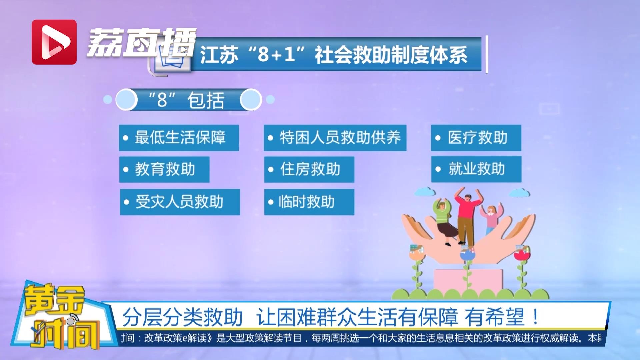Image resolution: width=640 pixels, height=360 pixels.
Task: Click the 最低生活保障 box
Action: (179, 138)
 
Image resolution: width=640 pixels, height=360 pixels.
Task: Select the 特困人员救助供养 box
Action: (335, 138)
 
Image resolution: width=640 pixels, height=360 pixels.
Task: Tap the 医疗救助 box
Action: (476, 138)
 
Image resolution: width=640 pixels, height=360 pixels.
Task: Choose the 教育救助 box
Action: (164, 169)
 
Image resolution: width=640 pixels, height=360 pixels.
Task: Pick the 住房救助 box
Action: (309, 169)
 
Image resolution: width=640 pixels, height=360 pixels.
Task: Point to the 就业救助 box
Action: (476, 169)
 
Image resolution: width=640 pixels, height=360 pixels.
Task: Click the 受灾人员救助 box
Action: (180, 202)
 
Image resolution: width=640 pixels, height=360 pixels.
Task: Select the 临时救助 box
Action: (309, 202)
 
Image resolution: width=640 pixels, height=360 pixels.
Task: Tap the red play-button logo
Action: (54, 42)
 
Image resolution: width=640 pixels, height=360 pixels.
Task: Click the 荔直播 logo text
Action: (142, 42)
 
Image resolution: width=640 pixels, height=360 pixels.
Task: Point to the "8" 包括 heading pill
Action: (188, 100)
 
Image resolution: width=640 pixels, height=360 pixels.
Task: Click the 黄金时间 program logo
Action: (58, 317)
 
